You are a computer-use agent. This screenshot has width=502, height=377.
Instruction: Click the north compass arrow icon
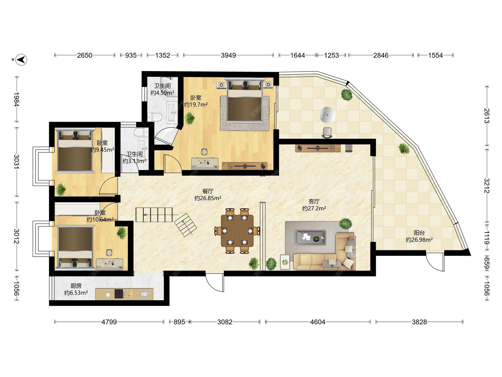click(21, 60)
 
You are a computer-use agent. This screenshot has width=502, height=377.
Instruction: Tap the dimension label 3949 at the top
click(228, 55)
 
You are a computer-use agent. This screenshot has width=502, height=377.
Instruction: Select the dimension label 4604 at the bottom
click(318, 322)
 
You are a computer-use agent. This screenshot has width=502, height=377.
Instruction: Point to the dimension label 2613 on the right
click(487, 116)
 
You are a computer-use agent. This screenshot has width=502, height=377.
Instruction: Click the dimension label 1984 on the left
click(16, 99)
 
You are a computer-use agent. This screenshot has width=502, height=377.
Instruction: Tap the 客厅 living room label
click(314, 201)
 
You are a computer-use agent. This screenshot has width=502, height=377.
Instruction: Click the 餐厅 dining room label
click(208, 191)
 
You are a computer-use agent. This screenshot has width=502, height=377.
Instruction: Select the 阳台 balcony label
click(419, 233)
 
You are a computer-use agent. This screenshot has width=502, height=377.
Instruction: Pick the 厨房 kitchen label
click(76, 286)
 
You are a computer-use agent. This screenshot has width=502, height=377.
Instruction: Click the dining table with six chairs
click(237, 231)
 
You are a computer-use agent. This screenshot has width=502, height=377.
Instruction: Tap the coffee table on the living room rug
click(310, 238)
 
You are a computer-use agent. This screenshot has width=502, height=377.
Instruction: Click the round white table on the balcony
click(327, 115)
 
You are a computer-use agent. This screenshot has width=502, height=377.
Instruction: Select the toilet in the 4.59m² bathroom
click(155, 117)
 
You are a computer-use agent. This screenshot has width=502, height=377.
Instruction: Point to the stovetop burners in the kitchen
click(119, 294)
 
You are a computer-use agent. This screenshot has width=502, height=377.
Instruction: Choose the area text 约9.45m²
click(102, 150)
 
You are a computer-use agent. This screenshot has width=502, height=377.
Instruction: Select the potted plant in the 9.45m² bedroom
click(61, 189)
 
